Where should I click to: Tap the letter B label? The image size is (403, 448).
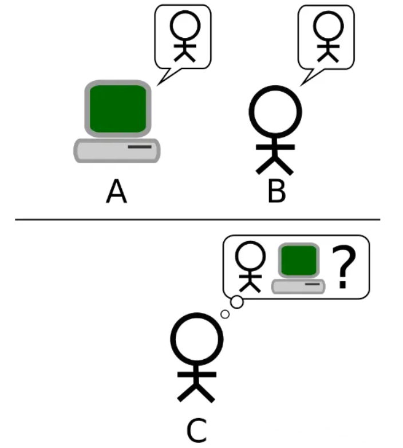[x=276, y=192]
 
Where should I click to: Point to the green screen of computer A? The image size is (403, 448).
[x=118, y=108]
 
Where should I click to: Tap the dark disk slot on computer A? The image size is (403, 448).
[x=140, y=148]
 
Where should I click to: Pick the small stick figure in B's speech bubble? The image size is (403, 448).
[x=327, y=34]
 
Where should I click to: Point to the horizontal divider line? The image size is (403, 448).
[x=197, y=219]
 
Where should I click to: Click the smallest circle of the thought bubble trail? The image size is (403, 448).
[x=225, y=314]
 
